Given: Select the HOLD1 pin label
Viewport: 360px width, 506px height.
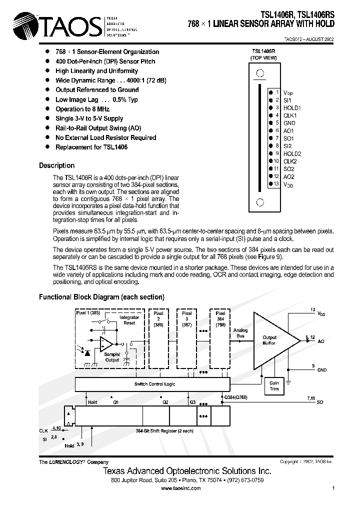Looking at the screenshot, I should [x=292, y=107].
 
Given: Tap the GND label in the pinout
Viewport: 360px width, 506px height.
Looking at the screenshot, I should [x=289, y=123].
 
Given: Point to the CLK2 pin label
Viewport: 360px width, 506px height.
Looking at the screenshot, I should [x=290, y=161].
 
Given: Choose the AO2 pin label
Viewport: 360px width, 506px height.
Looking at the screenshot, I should [x=289, y=176].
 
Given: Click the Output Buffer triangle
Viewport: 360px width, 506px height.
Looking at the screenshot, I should [x=272, y=340].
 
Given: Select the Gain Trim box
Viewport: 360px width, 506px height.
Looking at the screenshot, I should [x=274, y=385].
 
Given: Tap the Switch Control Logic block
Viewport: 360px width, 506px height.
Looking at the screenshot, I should [x=154, y=384].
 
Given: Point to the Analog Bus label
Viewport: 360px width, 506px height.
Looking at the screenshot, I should [x=240, y=333].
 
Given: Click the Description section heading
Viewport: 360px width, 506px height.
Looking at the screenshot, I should [x=56, y=165].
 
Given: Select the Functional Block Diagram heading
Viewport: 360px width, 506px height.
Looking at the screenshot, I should [x=101, y=297].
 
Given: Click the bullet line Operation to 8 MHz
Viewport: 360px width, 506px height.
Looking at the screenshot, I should [x=83, y=109].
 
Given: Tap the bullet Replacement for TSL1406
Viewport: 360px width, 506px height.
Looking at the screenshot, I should [x=91, y=147].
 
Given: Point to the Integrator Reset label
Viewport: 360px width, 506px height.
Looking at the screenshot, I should [x=129, y=320].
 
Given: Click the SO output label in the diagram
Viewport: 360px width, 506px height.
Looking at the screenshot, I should [x=320, y=402].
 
